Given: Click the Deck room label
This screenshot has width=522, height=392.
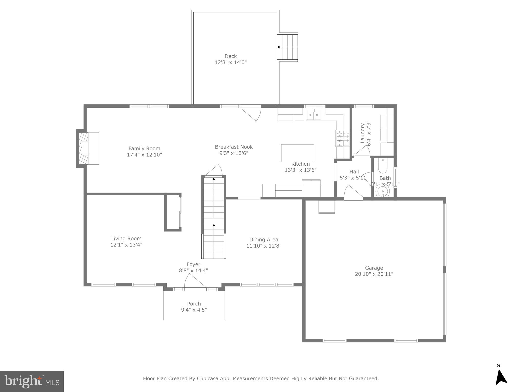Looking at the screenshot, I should pos(230,56).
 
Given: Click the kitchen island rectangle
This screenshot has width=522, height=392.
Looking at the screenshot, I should pos(297,153).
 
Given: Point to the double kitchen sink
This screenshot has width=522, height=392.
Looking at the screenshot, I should pos(314,115).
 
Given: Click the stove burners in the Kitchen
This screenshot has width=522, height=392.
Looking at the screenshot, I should pos(343,138).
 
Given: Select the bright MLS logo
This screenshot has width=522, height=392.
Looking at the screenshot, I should pos(32,382).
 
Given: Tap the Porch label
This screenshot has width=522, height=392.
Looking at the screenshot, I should pos(194,304).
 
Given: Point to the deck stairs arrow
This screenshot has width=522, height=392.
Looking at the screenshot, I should pos(279,47).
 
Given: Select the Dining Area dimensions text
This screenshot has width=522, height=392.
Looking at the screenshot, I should pos(264,246).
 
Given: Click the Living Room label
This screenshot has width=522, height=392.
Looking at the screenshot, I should pos(126,239).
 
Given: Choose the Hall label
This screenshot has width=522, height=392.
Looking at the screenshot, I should pos(354,172).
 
